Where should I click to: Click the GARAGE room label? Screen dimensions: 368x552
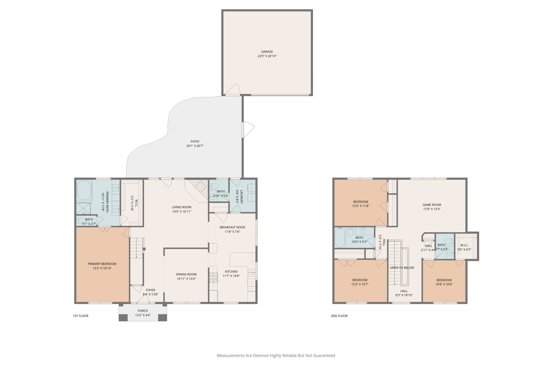click(x=267, y=51)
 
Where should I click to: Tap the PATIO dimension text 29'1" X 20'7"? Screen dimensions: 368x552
click(x=195, y=146)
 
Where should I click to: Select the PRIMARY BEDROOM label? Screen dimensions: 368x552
click(x=102, y=264)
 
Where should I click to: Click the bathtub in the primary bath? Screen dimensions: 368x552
click(x=84, y=190)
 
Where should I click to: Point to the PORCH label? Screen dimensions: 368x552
click(x=143, y=311)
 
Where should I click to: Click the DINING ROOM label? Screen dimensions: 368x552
click(x=186, y=274)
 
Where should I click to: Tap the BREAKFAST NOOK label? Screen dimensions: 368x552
click(x=232, y=227)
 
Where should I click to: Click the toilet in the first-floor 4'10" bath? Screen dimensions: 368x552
click(x=215, y=186)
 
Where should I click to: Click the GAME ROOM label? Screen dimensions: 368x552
click(x=432, y=205)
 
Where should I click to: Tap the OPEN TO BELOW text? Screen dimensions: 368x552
click(x=402, y=268)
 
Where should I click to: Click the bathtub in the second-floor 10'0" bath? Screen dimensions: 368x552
click(x=340, y=238)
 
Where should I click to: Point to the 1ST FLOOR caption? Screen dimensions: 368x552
click(x=81, y=316)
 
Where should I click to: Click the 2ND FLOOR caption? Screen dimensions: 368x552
click(x=339, y=316)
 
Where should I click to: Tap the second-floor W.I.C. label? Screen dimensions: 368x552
click(x=464, y=245)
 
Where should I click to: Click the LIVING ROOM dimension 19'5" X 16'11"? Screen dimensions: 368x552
click(x=181, y=212)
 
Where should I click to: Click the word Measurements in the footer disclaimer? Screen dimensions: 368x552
click(x=230, y=356)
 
